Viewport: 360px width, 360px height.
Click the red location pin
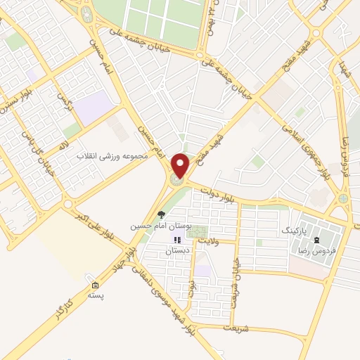[181, 166]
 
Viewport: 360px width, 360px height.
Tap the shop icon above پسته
[95, 286]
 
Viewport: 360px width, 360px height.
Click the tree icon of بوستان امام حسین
[162, 215]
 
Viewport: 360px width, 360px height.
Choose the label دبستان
[178, 251]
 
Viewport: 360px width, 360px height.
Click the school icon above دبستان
[177, 240]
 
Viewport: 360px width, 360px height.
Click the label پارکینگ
[295, 230]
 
